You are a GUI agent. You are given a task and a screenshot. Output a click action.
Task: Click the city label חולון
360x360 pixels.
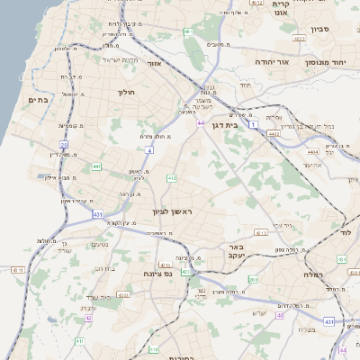click(x=125, y=92)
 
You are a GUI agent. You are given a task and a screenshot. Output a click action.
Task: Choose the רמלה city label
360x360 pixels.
click(x=314, y=274)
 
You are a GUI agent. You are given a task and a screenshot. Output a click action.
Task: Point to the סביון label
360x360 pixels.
click(x=321, y=29)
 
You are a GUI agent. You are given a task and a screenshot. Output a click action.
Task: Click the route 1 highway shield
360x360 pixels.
click(x=255, y=123)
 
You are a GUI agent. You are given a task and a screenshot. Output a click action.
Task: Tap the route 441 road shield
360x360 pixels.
click(x=95, y=166)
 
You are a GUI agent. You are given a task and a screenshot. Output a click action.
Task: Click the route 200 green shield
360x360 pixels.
click(x=253, y=280)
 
